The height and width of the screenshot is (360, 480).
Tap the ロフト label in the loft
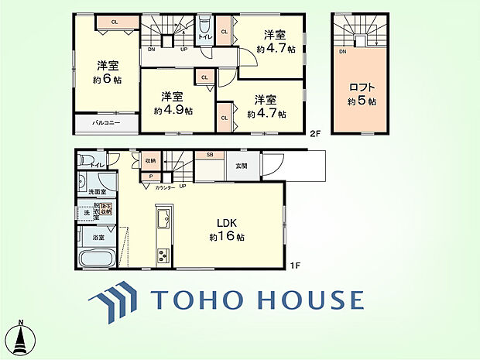point(362,88)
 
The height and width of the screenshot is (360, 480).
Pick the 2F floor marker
point(314,133)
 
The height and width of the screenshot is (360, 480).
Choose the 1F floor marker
point(294,267)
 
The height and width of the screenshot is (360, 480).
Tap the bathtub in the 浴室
point(97,259)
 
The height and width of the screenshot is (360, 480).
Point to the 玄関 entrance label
point(242,166)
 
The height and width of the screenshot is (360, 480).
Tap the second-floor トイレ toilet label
point(204,36)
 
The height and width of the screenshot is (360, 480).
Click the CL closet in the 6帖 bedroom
point(114,22)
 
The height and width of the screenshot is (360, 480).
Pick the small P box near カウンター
point(151,176)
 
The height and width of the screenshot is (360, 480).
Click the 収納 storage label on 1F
point(150,160)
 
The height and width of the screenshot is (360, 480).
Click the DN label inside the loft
point(341,51)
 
